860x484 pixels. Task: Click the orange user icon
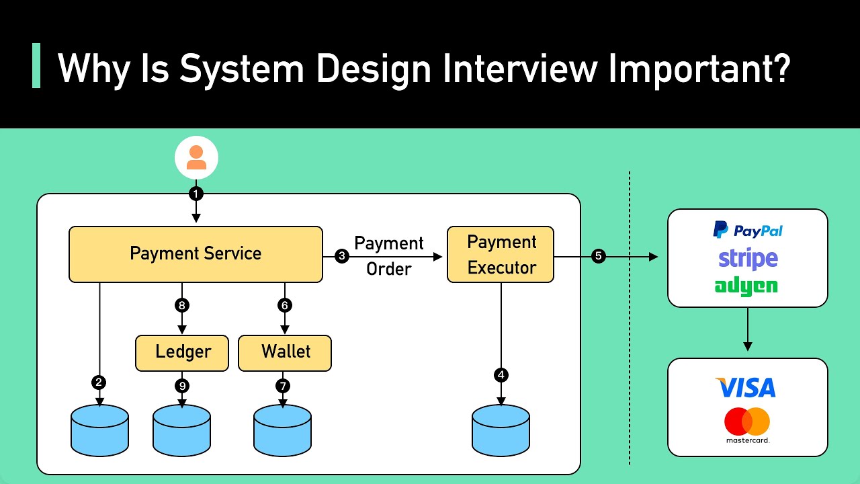(196, 157)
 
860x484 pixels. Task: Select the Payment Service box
(196, 254)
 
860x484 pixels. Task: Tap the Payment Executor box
(501, 254)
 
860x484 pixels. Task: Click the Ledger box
(182, 352)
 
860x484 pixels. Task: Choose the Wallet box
(285, 352)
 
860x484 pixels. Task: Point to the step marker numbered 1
(196, 194)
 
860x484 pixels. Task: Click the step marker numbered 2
(99, 382)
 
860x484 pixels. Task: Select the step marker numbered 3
(341, 256)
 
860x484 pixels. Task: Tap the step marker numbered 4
(501, 375)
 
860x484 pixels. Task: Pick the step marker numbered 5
(598, 256)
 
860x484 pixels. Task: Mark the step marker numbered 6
(285, 305)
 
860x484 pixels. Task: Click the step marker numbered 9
(182, 386)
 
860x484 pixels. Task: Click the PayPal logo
(747, 231)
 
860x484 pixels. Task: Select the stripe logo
(747, 258)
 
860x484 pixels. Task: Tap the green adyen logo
(746, 286)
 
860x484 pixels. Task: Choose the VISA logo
(746, 388)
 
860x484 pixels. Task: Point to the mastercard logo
(747, 425)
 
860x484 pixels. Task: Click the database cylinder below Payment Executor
(501, 430)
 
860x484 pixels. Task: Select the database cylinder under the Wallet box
(282, 430)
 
